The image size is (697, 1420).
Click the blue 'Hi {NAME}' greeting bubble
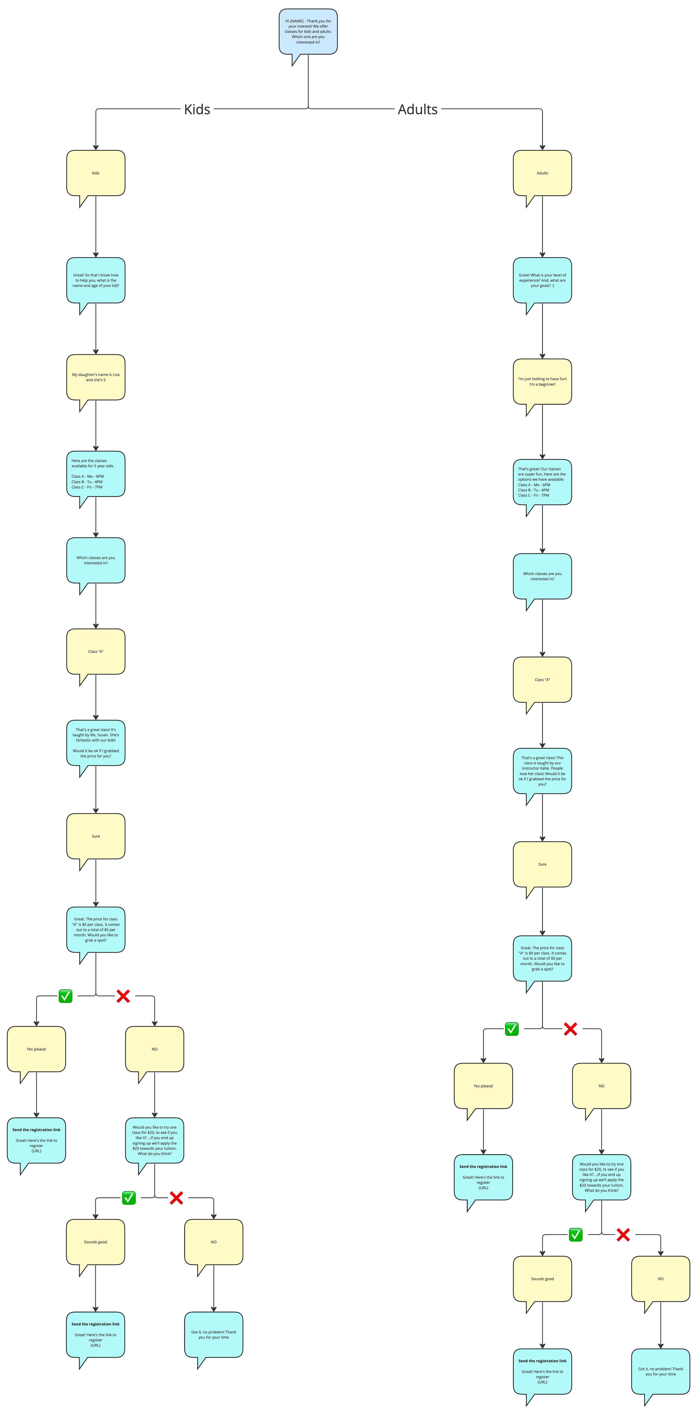pos(308,31)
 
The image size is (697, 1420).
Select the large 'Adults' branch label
pos(418,109)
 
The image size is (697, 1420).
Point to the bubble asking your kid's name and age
pos(96,280)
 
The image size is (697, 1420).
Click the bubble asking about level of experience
pos(542,280)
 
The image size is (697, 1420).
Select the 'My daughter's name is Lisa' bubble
pos(96,377)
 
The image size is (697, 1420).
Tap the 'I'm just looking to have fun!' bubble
pos(542,381)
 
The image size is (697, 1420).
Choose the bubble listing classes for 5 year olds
pos(96,473)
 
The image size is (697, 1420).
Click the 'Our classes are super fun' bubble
pos(542,482)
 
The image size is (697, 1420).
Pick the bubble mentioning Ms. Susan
pos(96,742)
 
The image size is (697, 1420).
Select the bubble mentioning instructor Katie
pos(542,771)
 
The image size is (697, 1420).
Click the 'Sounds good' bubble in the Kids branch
pos(95,1242)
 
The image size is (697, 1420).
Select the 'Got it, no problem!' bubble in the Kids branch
pos(214,1335)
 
